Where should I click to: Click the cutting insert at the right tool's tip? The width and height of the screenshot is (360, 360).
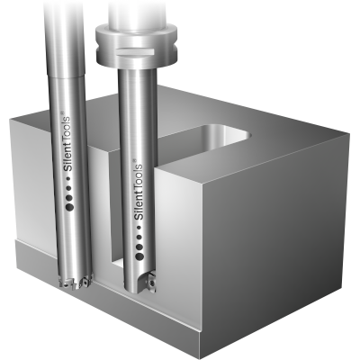(154, 287)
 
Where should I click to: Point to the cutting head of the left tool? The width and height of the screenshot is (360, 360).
(74, 280)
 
